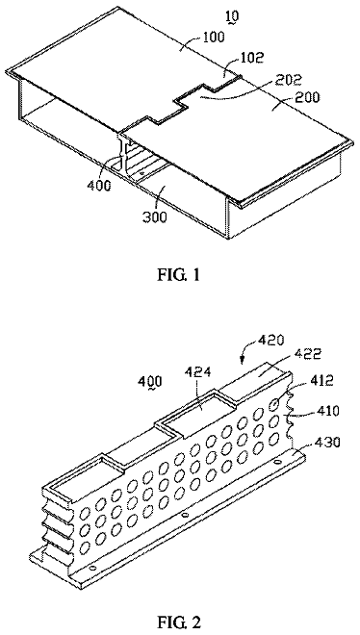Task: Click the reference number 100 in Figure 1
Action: (x=213, y=38)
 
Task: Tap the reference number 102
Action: (x=253, y=57)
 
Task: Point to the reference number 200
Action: (x=308, y=97)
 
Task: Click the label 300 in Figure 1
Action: (x=154, y=217)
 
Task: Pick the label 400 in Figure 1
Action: (x=98, y=186)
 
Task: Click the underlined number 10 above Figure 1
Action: (x=233, y=17)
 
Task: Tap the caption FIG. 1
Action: (x=179, y=275)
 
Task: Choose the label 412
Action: (x=322, y=381)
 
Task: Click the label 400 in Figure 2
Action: (x=150, y=381)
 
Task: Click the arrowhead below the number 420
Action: (x=244, y=359)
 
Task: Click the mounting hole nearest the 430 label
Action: (x=277, y=463)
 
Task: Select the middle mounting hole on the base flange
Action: (x=184, y=515)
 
